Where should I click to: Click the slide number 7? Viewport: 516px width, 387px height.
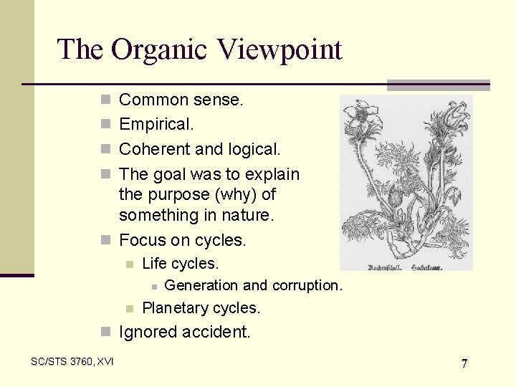(464, 363)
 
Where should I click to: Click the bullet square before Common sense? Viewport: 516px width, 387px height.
(105, 100)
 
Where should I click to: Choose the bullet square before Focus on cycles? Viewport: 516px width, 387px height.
(105, 240)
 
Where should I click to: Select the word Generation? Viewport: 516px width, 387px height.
(201, 285)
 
